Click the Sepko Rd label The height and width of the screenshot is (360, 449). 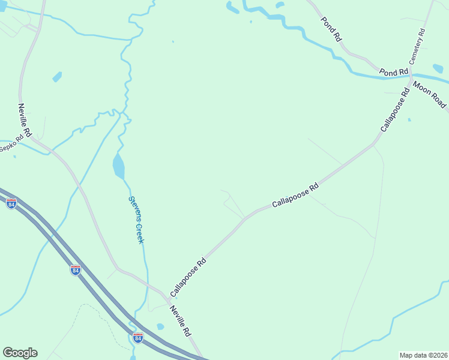[11, 144]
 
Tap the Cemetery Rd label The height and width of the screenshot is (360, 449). [417, 47]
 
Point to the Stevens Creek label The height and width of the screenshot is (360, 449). [136, 220]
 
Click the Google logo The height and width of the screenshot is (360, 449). [20, 353]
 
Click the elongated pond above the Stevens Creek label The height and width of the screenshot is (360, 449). [118, 166]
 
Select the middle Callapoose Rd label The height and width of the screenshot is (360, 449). [295, 196]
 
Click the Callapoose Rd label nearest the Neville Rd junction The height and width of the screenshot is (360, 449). [188, 277]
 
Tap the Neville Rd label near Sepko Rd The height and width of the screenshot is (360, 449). [24, 119]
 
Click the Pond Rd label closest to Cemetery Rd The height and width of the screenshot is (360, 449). [394, 72]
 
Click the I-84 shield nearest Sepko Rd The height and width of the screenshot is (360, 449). [11, 204]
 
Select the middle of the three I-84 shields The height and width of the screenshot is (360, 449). [75, 270]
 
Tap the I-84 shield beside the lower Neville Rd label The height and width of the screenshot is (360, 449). [138, 338]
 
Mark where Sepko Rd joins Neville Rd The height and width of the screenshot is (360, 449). [34, 140]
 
